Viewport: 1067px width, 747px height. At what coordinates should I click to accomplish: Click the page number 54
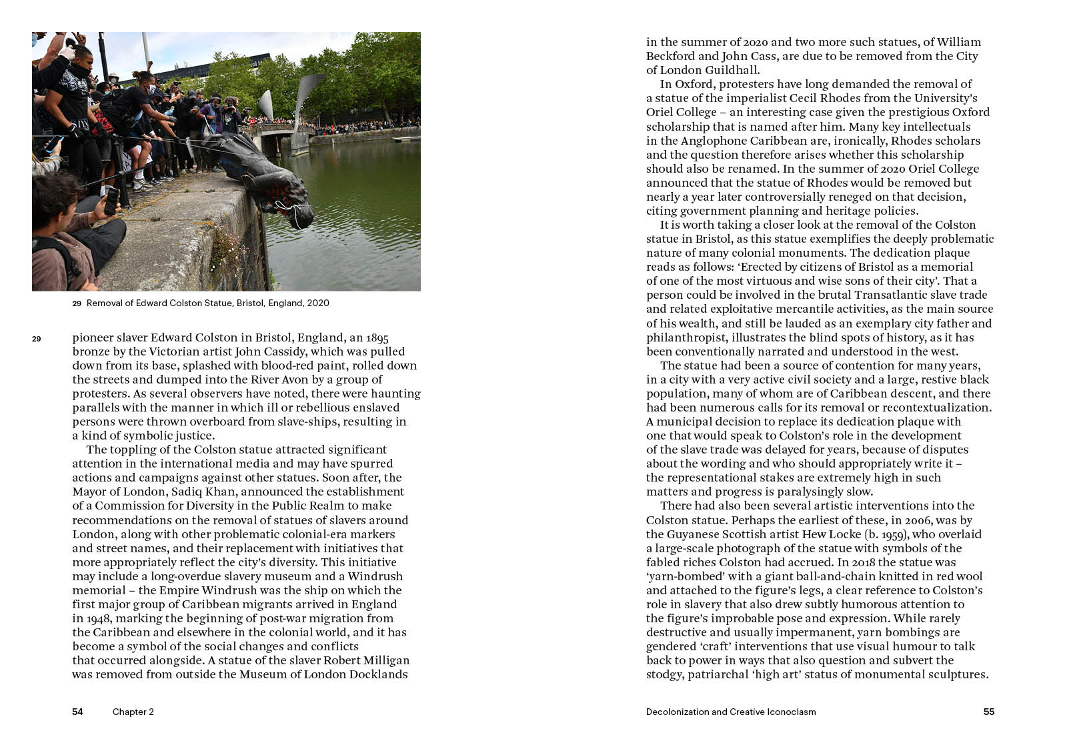(x=77, y=712)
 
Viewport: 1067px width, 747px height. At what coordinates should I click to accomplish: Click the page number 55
(x=989, y=712)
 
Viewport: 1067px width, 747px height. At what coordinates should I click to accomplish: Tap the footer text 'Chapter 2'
(x=133, y=712)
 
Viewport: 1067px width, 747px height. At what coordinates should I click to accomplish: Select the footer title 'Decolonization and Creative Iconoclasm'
(x=731, y=712)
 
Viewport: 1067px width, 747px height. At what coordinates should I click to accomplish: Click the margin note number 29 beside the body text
(x=36, y=339)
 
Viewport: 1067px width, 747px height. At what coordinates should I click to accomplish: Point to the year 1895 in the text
(x=377, y=337)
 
